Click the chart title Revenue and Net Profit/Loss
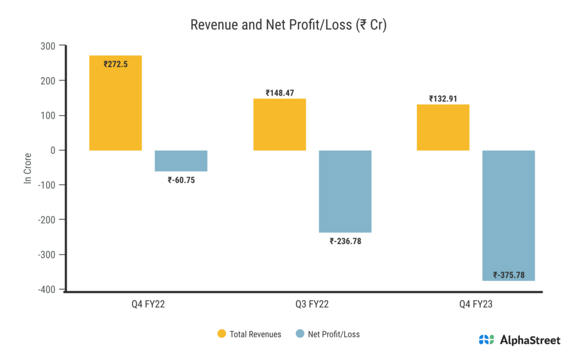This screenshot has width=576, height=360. pyautogui.click(x=287, y=25)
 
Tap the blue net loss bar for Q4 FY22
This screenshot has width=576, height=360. pyautogui.click(x=181, y=161)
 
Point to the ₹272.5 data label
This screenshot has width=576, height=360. pyautogui.click(x=116, y=64)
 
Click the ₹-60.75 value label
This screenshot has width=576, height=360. pyautogui.click(x=181, y=180)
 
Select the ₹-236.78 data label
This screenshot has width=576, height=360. pyautogui.click(x=345, y=241)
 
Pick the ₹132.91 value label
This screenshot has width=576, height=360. pyautogui.click(x=443, y=98)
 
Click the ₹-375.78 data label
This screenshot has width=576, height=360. pyautogui.click(x=509, y=275)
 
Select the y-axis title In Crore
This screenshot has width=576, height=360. pyautogui.click(x=28, y=168)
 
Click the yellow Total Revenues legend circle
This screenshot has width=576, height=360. pyautogui.click(x=222, y=334)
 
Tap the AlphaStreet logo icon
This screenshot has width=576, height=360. pyautogui.click(x=486, y=340)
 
